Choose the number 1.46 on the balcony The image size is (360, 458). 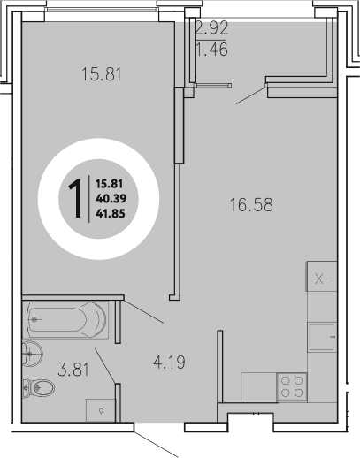[212, 51]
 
